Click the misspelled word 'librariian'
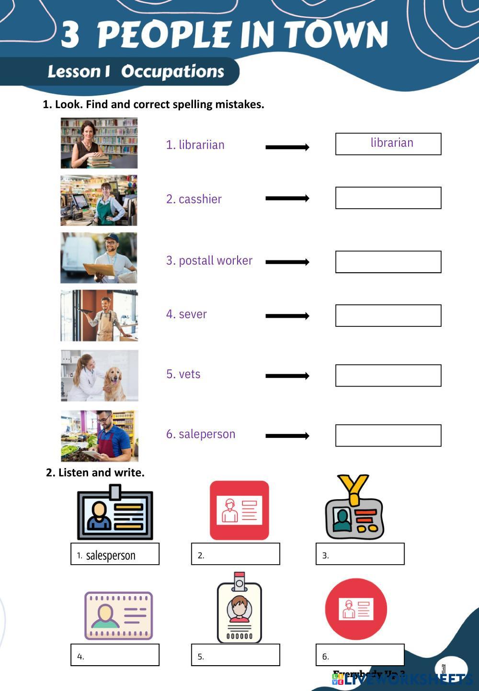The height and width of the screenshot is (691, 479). pyautogui.click(x=201, y=145)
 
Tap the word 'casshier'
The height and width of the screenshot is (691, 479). pyautogui.click(x=200, y=199)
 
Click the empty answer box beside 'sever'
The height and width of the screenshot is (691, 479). pyautogui.click(x=388, y=316)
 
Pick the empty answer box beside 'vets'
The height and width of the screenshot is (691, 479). pyautogui.click(x=388, y=376)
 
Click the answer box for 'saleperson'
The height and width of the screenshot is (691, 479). pyautogui.click(x=388, y=435)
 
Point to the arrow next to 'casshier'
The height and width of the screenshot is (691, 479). pyautogui.click(x=287, y=198)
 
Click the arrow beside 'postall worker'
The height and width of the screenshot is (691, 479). pyautogui.click(x=287, y=262)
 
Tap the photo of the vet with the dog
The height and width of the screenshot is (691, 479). pyautogui.click(x=100, y=376)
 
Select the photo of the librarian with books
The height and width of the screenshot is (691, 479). pyautogui.click(x=99, y=143)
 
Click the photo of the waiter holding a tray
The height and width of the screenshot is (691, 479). pyautogui.click(x=99, y=315)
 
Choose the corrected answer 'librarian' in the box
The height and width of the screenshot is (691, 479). pyautogui.click(x=392, y=143)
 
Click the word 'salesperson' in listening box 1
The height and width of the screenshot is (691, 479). pyautogui.click(x=111, y=555)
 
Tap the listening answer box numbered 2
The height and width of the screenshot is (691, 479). pyautogui.click(x=236, y=554)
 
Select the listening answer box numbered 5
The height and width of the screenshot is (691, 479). pyautogui.click(x=236, y=655)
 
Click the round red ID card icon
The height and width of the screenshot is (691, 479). pyautogui.click(x=356, y=609)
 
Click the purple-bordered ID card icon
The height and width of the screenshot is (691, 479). pyautogui.click(x=119, y=616)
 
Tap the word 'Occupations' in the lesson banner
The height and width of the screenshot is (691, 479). pyautogui.click(x=172, y=71)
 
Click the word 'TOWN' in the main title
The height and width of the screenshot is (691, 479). pyautogui.click(x=336, y=34)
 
